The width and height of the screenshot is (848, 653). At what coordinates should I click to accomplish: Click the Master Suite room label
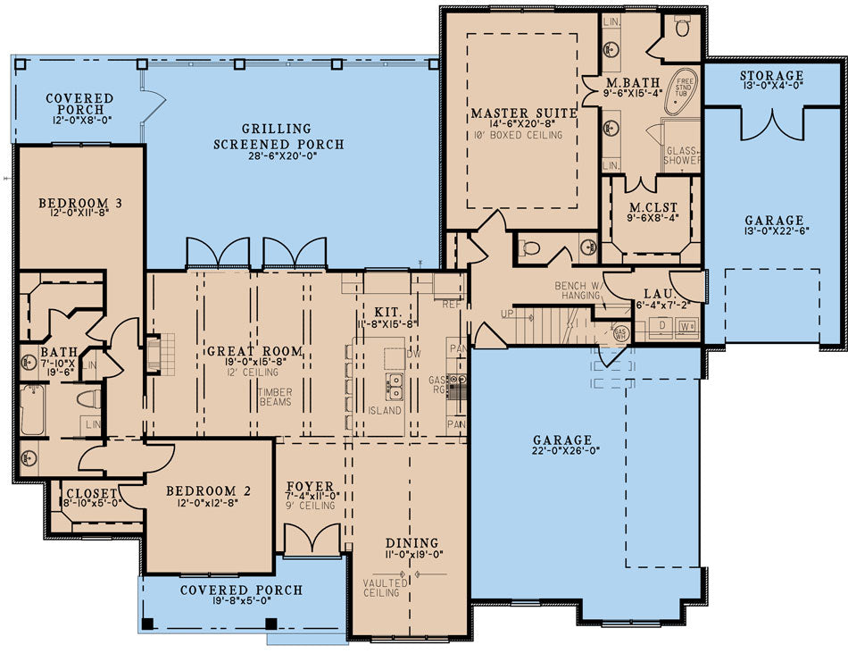(523, 113)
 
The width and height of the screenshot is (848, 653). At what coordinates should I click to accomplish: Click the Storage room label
(771, 76)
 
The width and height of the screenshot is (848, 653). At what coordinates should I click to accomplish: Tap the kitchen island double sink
(393, 386)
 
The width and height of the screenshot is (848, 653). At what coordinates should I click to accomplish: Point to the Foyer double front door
(312, 539)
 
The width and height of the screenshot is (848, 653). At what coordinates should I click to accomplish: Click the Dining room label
(412, 542)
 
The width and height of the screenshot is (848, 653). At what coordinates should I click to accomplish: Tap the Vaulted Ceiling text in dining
(386, 589)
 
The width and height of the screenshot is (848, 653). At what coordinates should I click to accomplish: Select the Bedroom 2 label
(208, 490)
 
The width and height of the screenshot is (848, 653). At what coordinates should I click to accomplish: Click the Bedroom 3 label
(80, 204)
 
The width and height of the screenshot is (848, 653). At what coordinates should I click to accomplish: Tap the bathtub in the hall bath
(33, 410)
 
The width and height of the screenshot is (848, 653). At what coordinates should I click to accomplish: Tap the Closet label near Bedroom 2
(89, 492)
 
